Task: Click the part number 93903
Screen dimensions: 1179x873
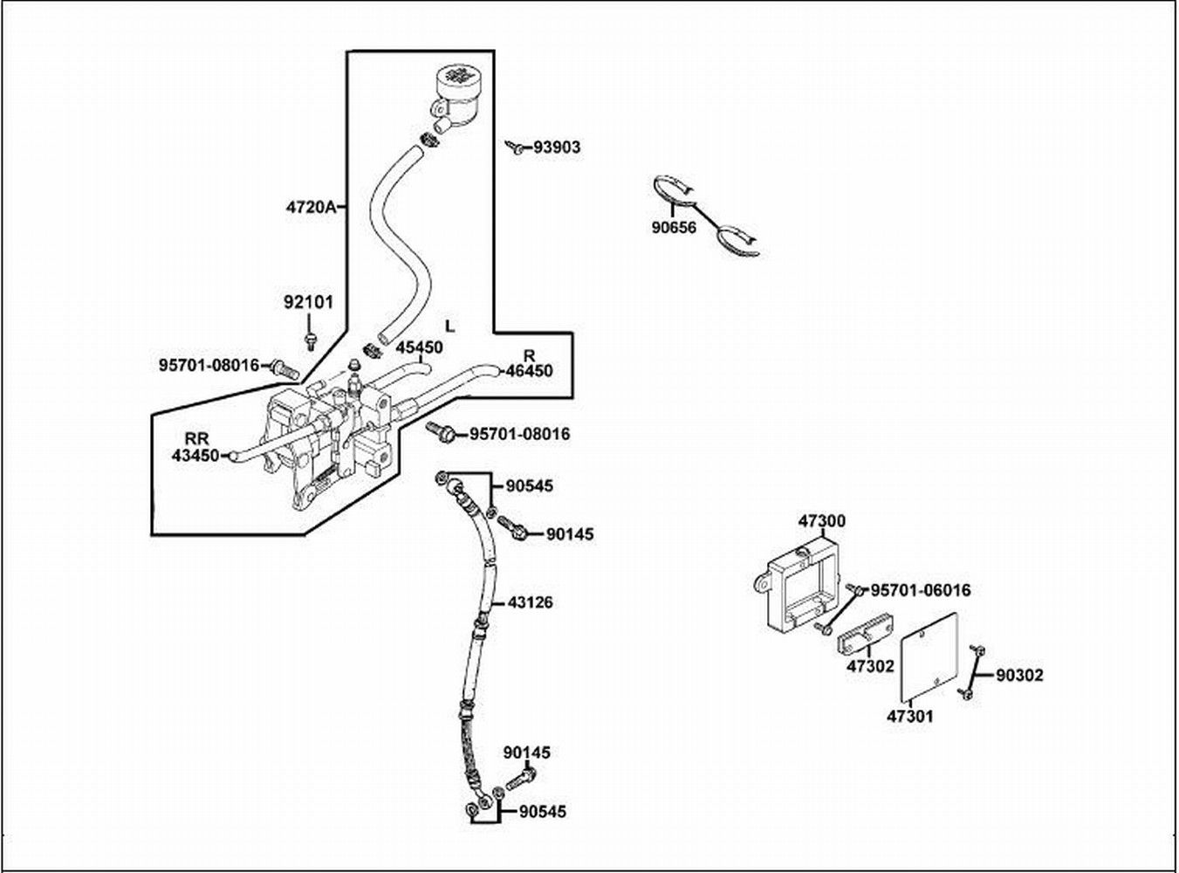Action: [557, 148]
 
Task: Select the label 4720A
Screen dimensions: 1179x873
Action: [311, 207]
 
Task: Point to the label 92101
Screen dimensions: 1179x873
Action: [308, 303]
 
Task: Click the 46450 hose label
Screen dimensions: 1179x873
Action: [530, 370]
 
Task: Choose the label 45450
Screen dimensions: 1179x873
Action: [419, 347]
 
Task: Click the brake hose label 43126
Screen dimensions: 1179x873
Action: [530, 602]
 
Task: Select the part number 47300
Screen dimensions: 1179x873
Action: [821, 521]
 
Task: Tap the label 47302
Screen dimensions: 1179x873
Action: [870, 666]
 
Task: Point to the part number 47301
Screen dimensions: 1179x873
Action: [910, 716]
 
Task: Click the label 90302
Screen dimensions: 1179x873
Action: [1019, 675]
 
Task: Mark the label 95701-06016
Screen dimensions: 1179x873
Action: [921, 591]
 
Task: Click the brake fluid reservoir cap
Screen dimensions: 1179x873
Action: [457, 75]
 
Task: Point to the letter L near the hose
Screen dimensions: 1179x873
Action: [449, 327]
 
